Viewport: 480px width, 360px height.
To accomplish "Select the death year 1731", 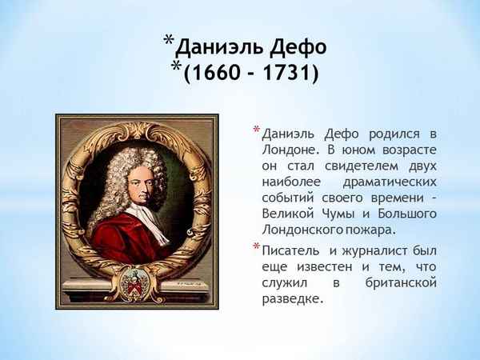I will [x=286, y=74].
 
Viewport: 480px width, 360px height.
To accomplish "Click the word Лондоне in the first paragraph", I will [x=290, y=150].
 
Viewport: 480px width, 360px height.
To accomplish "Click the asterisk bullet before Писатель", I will [x=256, y=247].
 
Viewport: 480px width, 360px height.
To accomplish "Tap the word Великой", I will [x=289, y=214].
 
